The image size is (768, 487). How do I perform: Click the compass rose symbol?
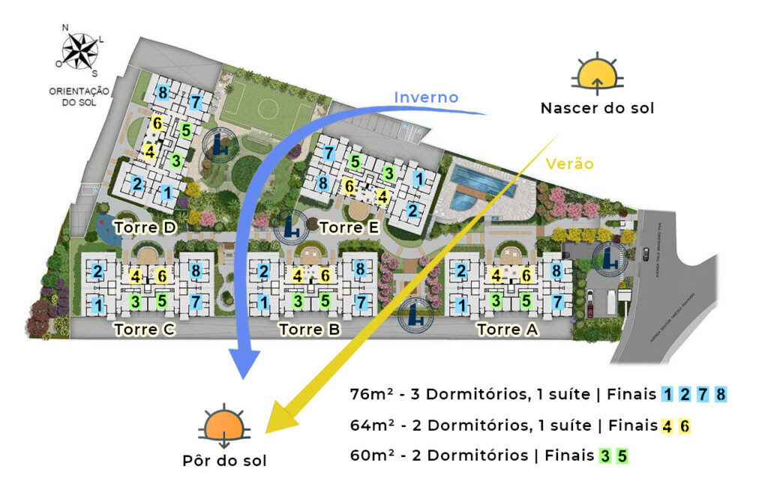(x=80, y=51)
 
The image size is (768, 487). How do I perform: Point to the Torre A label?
(x=508, y=329)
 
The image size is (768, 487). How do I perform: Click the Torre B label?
(x=310, y=329)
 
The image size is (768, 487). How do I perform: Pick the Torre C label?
(x=144, y=329)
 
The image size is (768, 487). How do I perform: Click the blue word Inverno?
(x=426, y=97)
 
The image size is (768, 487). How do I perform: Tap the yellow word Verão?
(x=570, y=163)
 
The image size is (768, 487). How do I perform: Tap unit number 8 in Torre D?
(x=163, y=93)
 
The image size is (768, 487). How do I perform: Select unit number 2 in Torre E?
(x=412, y=211)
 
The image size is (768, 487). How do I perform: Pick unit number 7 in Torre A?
(x=557, y=303)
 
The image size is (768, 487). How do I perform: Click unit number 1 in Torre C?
(x=97, y=304)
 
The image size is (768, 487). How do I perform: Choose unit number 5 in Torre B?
(x=325, y=302)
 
